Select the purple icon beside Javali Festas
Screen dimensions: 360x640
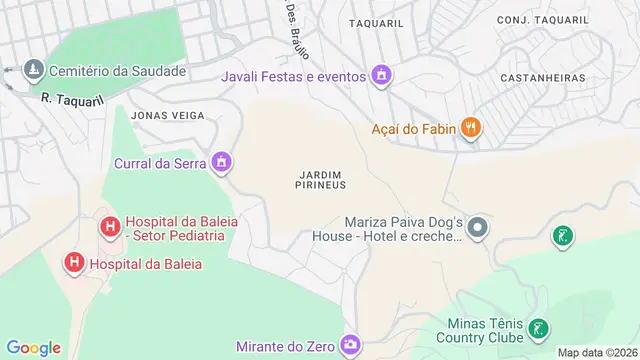pos(380,75)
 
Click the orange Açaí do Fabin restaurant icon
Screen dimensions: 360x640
pos(470,127)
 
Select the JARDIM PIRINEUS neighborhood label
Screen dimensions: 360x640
pos(322,179)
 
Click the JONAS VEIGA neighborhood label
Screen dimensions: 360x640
pos(167,115)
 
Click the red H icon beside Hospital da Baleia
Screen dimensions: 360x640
pos(74,264)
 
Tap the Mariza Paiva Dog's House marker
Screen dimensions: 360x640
pos(478,229)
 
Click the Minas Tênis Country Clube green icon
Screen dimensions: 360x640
pos(537,328)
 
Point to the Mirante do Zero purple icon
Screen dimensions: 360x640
pos(349,346)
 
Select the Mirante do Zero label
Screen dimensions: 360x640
pos(285,347)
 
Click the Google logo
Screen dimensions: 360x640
pos(33,347)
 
